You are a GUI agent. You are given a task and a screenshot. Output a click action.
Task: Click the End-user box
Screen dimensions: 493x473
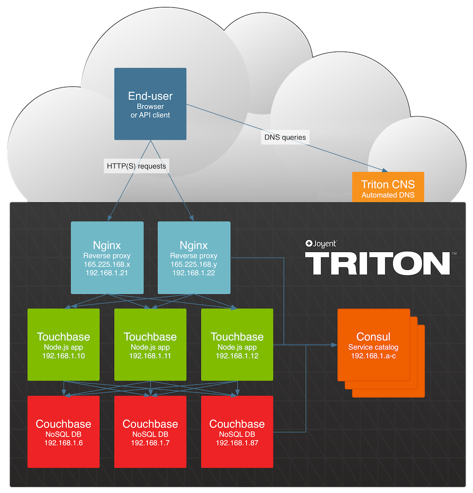pyautogui.click(x=150, y=104)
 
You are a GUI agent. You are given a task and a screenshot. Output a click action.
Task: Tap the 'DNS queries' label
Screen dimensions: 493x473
pyautogui.click(x=285, y=137)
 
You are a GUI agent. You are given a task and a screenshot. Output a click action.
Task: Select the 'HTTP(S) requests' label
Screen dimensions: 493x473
pyautogui.click(x=136, y=166)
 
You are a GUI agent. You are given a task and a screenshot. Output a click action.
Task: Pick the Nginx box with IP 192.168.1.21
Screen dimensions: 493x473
pyautogui.click(x=107, y=257)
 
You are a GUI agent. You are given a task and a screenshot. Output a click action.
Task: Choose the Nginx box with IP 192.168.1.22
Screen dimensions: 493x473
pyautogui.click(x=194, y=257)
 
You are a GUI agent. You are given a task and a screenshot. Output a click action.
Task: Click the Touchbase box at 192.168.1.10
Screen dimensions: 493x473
pyautogui.click(x=63, y=345)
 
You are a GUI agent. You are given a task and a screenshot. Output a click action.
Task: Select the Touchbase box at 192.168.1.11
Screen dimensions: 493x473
pyautogui.click(x=150, y=345)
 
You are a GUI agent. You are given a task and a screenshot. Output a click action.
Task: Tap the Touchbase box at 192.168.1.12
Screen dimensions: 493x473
pyautogui.click(x=237, y=345)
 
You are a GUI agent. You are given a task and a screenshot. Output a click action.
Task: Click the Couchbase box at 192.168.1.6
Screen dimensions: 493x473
pyautogui.click(x=63, y=432)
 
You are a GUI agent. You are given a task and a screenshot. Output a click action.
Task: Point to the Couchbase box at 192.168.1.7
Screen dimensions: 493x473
pyautogui.click(x=150, y=432)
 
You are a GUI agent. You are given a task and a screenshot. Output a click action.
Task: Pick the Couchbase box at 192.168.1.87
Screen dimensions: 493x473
pyautogui.click(x=237, y=432)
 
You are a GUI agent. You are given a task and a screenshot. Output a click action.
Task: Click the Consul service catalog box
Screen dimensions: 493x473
pyautogui.click(x=373, y=345)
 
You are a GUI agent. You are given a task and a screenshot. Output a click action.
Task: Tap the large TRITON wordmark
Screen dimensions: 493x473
pyautogui.click(x=377, y=263)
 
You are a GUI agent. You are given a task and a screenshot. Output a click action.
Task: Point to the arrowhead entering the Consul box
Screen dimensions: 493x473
pyautogui.click(x=334, y=345)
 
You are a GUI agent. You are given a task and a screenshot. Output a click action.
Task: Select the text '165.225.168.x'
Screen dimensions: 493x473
pyautogui.click(x=107, y=264)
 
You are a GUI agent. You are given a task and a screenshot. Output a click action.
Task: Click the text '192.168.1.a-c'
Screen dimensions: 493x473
pyautogui.click(x=373, y=356)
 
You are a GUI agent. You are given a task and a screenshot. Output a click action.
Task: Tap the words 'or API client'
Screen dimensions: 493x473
pyautogui.click(x=150, y=115)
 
